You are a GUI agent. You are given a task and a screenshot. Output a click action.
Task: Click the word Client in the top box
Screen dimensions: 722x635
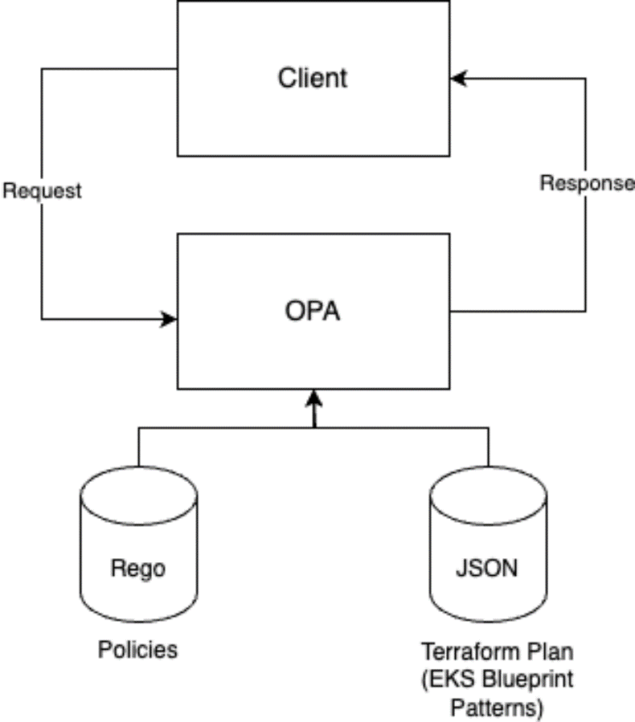pos(313,78)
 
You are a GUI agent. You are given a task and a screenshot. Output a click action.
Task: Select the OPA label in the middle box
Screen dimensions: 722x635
pos(313,311)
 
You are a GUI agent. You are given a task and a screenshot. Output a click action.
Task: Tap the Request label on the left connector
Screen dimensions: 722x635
pos(42,191)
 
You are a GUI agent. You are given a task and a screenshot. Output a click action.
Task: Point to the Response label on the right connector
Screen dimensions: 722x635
pos(586,183)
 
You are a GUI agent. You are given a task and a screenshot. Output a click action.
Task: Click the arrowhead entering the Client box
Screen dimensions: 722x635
pos(457,79)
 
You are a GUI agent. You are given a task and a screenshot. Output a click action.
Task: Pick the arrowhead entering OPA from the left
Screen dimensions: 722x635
pos(169,319)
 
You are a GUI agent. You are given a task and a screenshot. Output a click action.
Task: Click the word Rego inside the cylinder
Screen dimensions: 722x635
pos(137,568)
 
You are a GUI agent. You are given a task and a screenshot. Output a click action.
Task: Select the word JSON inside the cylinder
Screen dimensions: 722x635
pos(486,568)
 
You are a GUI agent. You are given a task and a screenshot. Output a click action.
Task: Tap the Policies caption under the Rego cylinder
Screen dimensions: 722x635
pos(137,649)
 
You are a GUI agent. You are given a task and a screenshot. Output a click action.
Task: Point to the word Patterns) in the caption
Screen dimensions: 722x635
pos(496,708)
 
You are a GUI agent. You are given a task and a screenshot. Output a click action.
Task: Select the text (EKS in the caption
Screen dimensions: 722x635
pos(453,679)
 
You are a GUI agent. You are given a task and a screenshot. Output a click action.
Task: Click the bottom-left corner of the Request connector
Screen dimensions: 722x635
pos(42,319)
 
